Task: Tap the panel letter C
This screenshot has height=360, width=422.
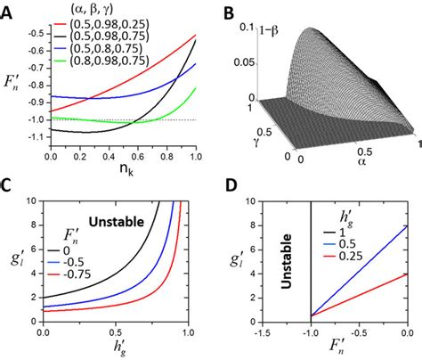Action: pos(10,189)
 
